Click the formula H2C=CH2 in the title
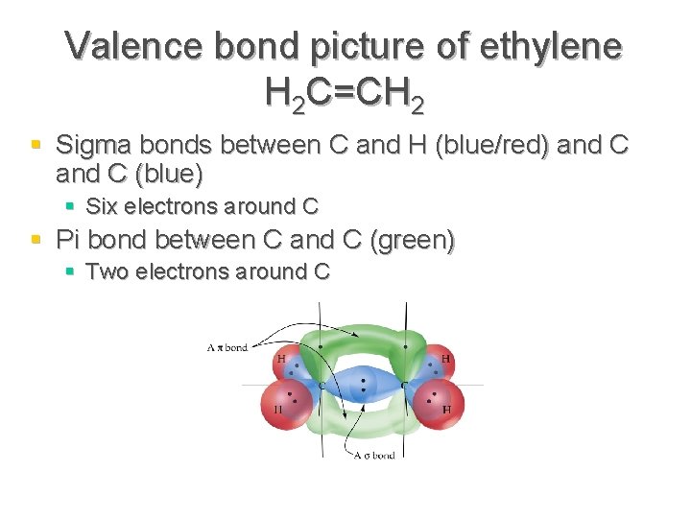[345, 92]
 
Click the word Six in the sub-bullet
[102, 206]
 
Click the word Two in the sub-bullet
[107, 271]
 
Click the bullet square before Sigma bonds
[36, 145]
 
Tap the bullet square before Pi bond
[36, 238]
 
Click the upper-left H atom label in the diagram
[281, 359]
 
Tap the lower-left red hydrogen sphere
[284, 404]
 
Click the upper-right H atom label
[446, 359]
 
